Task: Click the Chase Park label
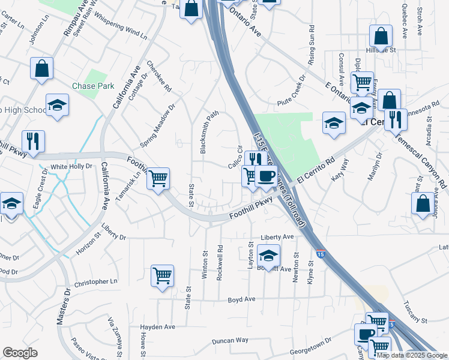(93, 86)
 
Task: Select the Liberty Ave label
(277, 237)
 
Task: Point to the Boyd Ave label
(241, 299)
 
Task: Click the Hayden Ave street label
(157, 327)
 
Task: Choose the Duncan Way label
(230, 340)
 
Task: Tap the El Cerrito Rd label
(315, 171)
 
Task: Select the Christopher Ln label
(96, 281)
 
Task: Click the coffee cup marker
(266, 176)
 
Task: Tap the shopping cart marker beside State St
(158, 178)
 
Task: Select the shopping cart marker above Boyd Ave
(162, 276)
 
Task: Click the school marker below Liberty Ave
(268, 256)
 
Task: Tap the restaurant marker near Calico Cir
(256, 160)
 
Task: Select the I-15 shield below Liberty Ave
(321, 254)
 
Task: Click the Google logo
(20, 353)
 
